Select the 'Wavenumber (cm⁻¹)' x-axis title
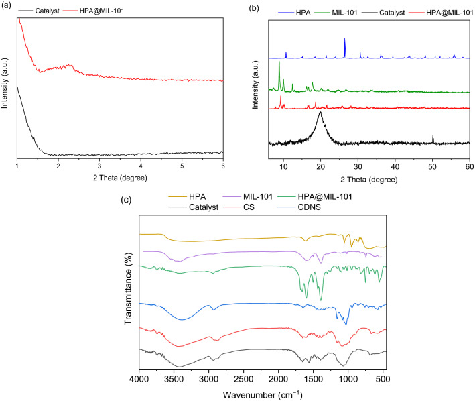tap(262, 392)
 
